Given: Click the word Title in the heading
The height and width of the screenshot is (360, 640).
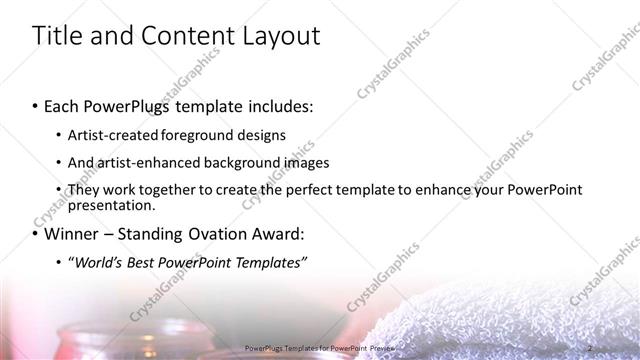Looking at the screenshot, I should [x=58, y=37].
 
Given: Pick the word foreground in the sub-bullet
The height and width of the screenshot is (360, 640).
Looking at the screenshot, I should [x=190, y=135].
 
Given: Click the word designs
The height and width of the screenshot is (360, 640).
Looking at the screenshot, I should [x=258, y=135].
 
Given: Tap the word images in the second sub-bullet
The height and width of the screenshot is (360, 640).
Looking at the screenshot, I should [x=307, y=162].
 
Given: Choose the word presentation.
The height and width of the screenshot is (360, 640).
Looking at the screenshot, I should [x=111, y=205].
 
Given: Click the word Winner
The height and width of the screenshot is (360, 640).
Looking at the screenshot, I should [x=76, y=235].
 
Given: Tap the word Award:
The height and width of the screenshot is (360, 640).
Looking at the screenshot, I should [x=276, y=235].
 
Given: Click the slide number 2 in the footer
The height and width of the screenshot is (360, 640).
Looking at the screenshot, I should [x=591, y=347].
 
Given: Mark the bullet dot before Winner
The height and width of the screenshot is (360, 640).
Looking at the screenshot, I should [x=35, y=236].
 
